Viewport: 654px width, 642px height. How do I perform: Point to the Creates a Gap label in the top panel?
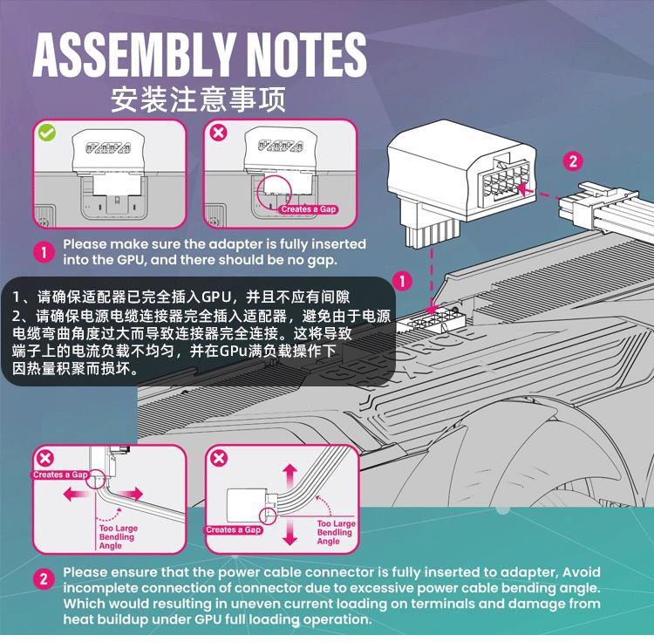coord(308,209)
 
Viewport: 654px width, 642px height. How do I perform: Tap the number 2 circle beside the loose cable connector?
coord(573,160)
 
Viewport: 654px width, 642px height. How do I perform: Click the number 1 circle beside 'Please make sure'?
coord(44,253)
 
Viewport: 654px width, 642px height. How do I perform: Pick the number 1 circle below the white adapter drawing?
coord(402,281)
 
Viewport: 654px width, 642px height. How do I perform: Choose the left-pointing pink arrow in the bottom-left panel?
coord(75,495)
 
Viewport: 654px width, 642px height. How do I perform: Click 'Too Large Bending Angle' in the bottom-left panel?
coord(118,536)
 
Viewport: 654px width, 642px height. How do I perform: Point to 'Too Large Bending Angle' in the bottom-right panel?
coord(335,532)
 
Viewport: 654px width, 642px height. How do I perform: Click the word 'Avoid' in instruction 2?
coord(582,572)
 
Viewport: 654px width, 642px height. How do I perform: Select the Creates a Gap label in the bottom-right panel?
coord(234,529)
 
